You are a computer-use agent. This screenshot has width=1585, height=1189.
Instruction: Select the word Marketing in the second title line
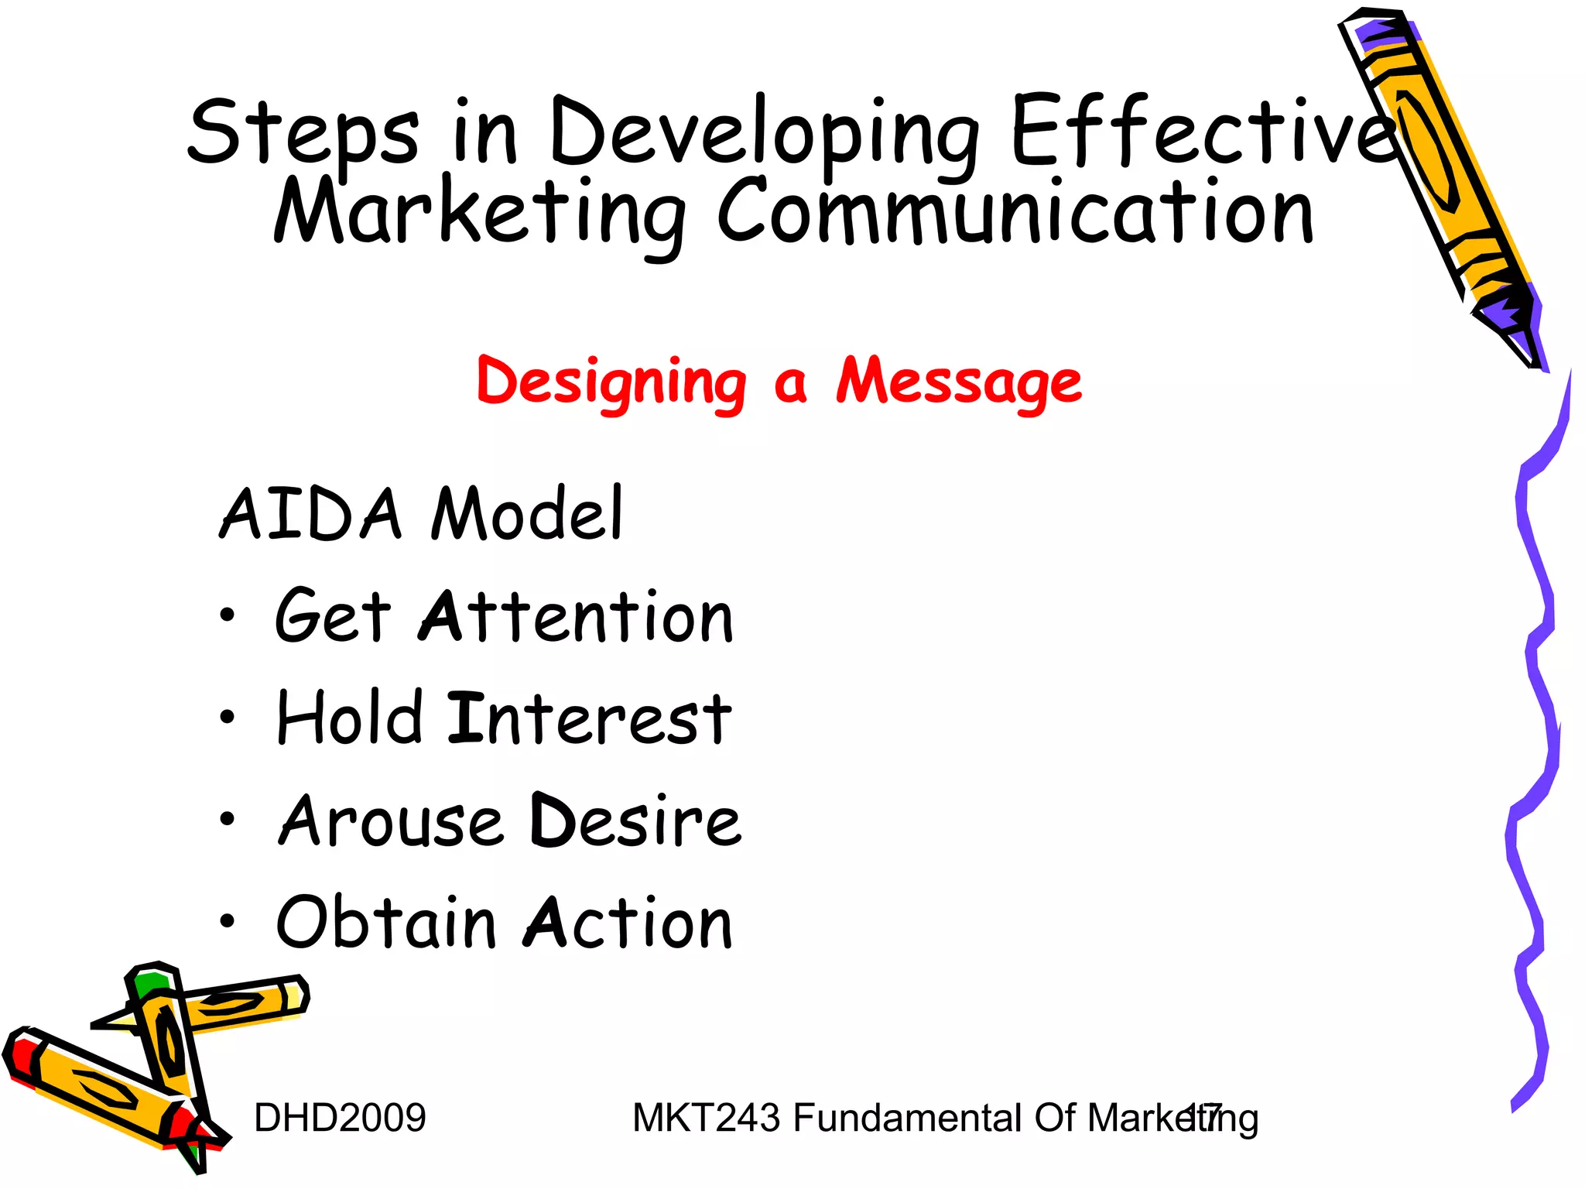click(x=480, y=213)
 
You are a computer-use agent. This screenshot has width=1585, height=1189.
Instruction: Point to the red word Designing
click(x=611, y=383)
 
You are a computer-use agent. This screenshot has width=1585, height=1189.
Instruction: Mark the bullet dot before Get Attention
click(x=227, y=616)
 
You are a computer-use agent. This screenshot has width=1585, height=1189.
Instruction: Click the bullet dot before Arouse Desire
click(x=227, y=820)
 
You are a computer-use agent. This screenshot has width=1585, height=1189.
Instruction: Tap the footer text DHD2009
click(x=340, y=1118)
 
